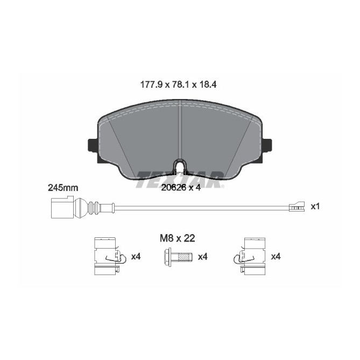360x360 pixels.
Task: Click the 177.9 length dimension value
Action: coord(151,85)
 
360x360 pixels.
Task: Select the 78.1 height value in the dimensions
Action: coord(180,85)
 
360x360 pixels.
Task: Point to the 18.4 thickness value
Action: coord(208,85)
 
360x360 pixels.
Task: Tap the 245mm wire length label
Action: coord(63,188)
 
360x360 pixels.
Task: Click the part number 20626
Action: coord(174,188)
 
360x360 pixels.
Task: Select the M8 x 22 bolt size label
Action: coord(178,238)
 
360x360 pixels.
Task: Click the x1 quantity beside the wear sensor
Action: coord(315,207)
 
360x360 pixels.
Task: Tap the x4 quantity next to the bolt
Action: coord(203,257)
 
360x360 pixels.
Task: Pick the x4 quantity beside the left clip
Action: coord(136,257)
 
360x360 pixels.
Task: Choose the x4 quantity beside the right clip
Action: coord(276,257)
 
